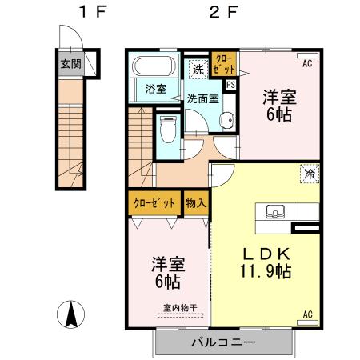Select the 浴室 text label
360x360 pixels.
[x=155, y=89]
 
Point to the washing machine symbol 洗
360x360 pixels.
[x=197, y=69]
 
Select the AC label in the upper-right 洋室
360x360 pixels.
[x=307, y=61]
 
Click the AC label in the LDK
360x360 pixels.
[x=307, y=314]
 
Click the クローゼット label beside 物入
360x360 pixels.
[x=154, y=202]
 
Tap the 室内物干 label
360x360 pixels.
[x=179, y=307]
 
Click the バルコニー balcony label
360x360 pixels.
[x=222, y=342]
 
